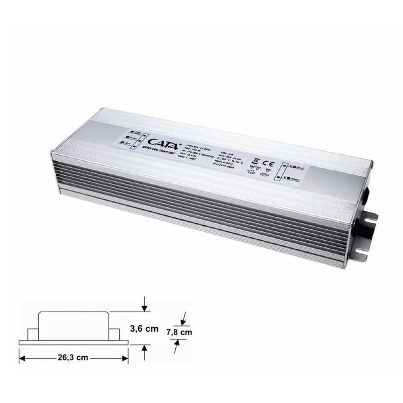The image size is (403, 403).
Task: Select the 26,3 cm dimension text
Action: pyautogui.click(x=73, y=357)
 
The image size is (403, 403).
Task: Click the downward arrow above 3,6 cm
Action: pyautogui.click(x=144, y=306)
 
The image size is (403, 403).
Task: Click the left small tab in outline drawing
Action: pyautogui.click(x=32, y=334)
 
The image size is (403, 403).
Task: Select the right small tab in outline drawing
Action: pyautogui.click(x=114, y=334)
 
